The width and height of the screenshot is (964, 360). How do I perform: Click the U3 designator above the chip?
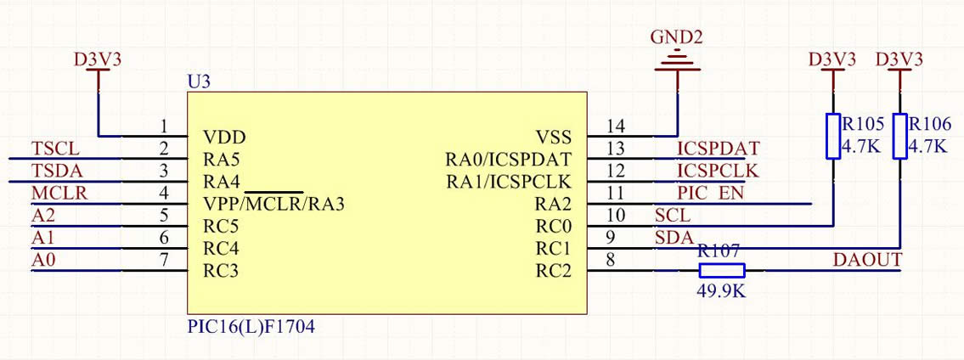(x=198, y=82)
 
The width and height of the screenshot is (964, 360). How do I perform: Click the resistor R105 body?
(x=833, y=136)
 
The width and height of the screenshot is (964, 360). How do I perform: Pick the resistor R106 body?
(x=899, y=136)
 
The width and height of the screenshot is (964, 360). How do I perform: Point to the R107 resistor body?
(x=721, y=271)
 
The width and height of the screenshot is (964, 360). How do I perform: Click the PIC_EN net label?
(x=710, y=194)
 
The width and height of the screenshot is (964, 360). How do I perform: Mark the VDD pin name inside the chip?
(x=225, y=137)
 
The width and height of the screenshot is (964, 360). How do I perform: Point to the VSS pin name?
(x=553, y=137)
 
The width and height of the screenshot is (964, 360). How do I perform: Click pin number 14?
(x=617, y=127)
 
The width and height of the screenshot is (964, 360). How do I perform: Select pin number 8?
(x=609, y=261)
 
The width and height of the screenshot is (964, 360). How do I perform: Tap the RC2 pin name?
(x=553, y=272)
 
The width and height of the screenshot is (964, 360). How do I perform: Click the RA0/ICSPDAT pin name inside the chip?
(x=508, y=159)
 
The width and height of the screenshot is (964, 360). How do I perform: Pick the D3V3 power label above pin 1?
(x=98, y=59)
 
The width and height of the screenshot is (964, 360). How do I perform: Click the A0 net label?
(x=43, y=261)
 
